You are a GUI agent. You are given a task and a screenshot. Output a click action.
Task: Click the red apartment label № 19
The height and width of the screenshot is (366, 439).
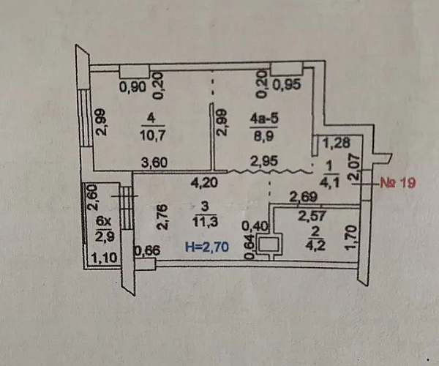[x=398, y=184]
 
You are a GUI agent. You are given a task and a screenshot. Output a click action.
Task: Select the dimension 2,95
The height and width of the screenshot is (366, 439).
[x=264, y=161]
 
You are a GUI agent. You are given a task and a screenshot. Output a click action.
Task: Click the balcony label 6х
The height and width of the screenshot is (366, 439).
[x=104, y=220]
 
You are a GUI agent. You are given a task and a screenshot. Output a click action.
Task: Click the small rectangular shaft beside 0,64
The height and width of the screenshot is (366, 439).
[x=272, y=244]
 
